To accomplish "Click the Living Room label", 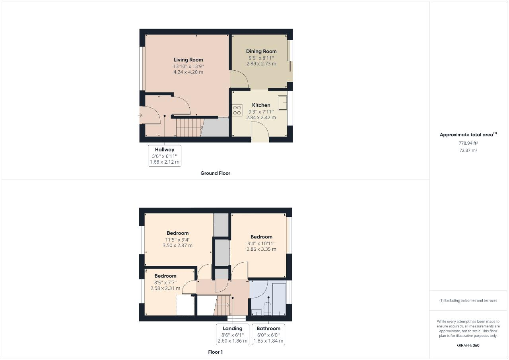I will (x=188, y=60).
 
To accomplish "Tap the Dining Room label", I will (x=261, y=51).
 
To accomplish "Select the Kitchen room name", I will (x=261, y=105).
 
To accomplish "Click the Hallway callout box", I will (x=165, y=155).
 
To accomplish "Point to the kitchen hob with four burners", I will (x=237, y=110).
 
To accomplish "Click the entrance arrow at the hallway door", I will (x=140, y=115).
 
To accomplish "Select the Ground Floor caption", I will (x=215, y=173).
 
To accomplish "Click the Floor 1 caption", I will (x=216, y=352).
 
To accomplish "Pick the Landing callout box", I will (x=233, y=334).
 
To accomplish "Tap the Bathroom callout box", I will (x=268, y=334).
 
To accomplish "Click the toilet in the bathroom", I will (x=267, y=308).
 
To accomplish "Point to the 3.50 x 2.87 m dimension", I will (x=177, y=246).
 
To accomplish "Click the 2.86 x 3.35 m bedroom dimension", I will (x=261, y=250).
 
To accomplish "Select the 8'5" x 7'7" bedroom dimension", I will (x=165, y=283).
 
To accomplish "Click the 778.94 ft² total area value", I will (x=468, y=143).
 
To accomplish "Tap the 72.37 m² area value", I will (x=468, y=151).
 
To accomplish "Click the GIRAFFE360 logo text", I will (x=468, y=345).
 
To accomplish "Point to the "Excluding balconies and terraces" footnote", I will (x=468, y=300).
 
